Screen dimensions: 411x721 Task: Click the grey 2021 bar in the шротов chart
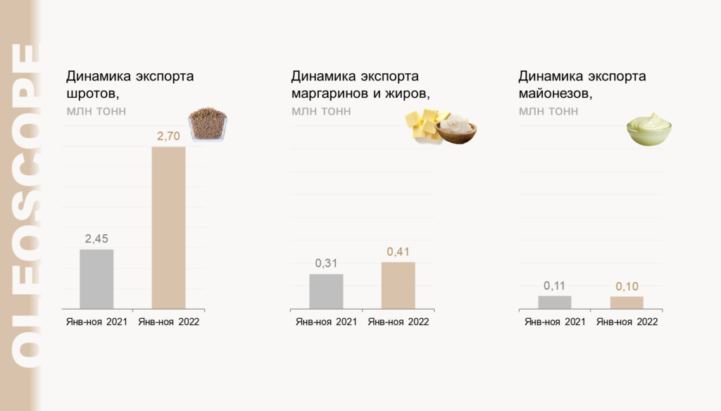pos(96,279)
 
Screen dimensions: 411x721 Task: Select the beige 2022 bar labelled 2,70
pos(169,227)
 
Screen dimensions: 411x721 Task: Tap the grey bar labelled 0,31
pos(326,291)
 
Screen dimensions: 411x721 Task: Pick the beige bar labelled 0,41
pos(398,285)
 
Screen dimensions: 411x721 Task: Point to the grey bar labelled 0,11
pos(555,302)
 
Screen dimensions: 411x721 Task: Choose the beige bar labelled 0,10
pos(627,302)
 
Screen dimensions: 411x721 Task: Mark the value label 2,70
pos(169,136)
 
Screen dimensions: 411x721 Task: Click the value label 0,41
pos(398,252)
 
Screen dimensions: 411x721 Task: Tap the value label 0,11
pos(555,286)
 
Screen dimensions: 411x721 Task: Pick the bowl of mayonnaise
pos(648,129)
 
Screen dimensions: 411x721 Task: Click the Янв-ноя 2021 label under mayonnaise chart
pos(555,322)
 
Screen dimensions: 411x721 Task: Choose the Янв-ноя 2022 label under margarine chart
pos(398,322)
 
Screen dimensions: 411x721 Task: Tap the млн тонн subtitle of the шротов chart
pos(96,111)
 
